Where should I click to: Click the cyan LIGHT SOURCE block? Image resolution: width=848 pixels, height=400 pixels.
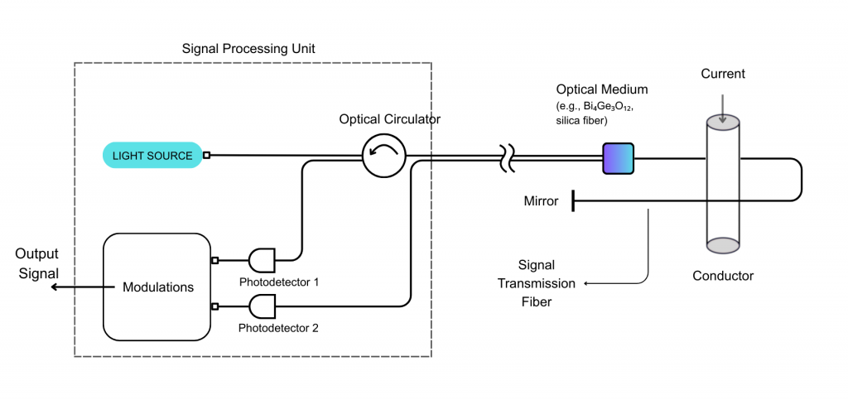coord(152,156)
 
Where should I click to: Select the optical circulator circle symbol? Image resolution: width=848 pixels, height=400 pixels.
coord(384,155)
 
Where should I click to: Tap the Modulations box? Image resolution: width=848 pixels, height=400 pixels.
coord(157,287)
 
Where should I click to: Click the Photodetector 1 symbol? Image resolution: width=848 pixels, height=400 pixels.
coord(262,260)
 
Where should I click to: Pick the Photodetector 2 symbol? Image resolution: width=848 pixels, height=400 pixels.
coord(262,306)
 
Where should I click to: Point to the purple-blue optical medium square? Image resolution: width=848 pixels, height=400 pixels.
coord(618,158)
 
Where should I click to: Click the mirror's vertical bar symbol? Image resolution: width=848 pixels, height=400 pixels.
coord(573,200)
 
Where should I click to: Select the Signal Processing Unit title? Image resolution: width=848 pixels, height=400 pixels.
coord(248,49)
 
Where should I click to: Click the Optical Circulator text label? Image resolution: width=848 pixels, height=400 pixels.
coord(389,119)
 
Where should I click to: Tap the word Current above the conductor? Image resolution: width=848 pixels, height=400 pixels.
coord(723,74)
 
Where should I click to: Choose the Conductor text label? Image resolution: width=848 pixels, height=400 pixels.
coord(723,275)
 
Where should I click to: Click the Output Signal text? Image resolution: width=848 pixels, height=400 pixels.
coord(36,263)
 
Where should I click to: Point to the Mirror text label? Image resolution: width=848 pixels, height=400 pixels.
coord(541,201)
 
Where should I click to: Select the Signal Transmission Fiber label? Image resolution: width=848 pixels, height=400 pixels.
coord(536,283)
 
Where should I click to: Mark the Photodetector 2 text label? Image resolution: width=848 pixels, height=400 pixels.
coord(278,328)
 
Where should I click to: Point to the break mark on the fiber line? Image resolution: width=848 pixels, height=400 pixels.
coord(505,157)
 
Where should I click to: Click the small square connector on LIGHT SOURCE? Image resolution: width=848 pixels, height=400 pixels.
coord(206,155)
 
